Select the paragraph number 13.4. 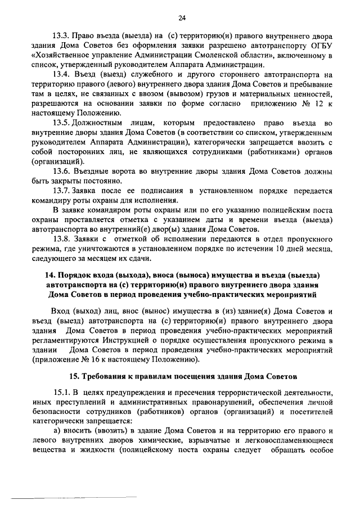(x=61, y=74)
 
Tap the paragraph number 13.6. (x=61, y=171)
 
